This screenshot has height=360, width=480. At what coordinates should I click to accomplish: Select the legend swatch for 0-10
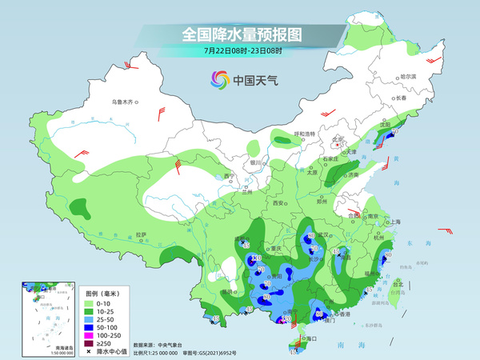coord(90,305)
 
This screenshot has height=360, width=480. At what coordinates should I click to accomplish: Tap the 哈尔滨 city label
coord(408,76)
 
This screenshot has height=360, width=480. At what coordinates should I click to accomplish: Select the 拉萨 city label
coord(141,234)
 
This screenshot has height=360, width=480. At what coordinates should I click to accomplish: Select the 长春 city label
coord(406,98)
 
